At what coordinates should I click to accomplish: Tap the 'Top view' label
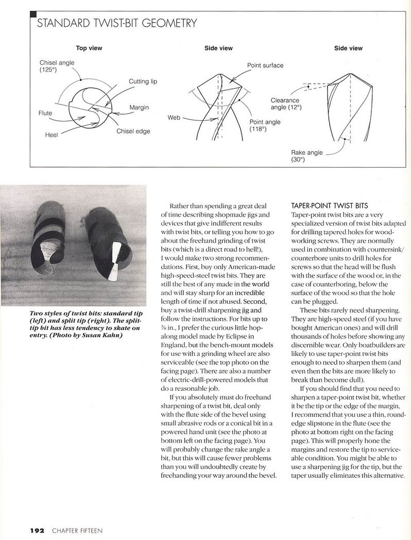tap(89, 48)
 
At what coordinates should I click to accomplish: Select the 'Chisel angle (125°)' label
tap(57, 66)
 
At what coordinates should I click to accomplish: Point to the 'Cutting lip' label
tap(143, 81)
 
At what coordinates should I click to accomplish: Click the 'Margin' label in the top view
tap(139, 107)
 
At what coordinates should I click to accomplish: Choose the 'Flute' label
tap(46, 112)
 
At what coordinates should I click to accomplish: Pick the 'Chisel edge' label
tap(133, 131)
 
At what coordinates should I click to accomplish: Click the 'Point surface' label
tap(265, 65)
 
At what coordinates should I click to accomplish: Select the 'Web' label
tap(174, 118)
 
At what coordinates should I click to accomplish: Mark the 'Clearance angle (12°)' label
tap(286, 104)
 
